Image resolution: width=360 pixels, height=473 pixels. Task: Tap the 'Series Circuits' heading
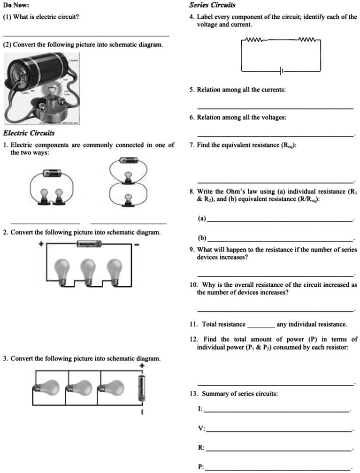(212, 5)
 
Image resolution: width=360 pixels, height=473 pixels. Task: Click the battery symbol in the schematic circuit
(281, 71)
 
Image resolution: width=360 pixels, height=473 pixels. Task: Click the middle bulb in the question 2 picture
(87, 271)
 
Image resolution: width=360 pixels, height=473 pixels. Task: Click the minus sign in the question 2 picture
(137, 245)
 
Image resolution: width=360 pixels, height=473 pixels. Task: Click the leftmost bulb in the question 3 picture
(48, 386)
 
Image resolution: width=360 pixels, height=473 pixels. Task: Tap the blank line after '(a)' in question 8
(280, 220)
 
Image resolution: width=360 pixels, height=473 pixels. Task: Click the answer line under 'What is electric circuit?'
(86, 35)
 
